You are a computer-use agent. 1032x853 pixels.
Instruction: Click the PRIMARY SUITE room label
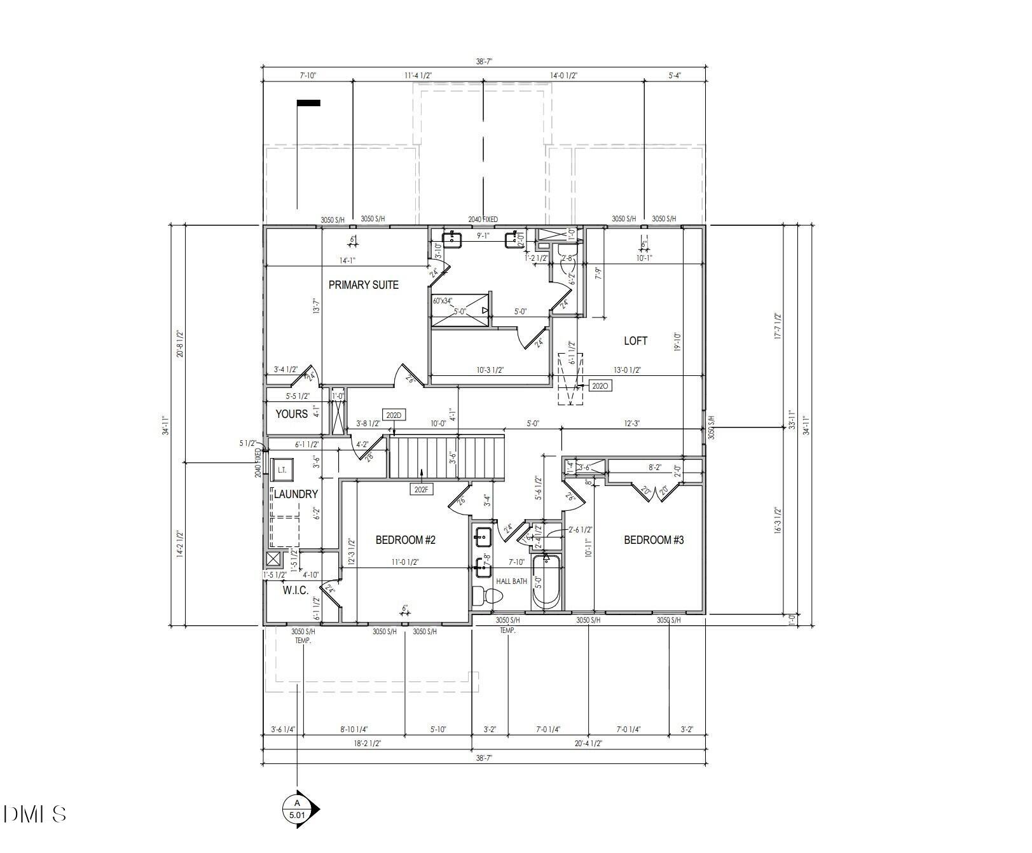pyautogui.click(x=363, y=285)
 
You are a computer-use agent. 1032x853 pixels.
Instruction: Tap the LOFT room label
pyautogui.click(x=635, y=341)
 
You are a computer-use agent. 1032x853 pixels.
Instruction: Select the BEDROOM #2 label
pyautogui.click(x=405, y=540)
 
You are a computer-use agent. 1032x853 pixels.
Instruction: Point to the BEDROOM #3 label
pyautogui.click(x=653, y=540)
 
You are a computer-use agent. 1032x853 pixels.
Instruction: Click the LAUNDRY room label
pyautogui.click(x=296, y=494)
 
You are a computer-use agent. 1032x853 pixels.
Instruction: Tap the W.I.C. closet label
pyautogui.click(x=295, y=590)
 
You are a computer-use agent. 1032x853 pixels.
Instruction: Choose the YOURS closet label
pyautogui.click(x=291, y=414)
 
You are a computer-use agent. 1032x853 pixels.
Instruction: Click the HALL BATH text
pyautogui.click(x=511, y=581)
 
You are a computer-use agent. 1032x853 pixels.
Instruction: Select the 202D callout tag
pyautogui.click(x=393, y=416)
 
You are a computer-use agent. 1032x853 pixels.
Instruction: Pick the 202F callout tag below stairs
pyautogui.click(x=421, y=489)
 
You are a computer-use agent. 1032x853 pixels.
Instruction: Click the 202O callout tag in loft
pyautogui.click(x=600, y=385)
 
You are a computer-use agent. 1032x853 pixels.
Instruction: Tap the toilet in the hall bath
pyautogui.click(x=489, y=597)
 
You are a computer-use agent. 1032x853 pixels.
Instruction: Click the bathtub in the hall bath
pyautogui.click(x=546, y=582)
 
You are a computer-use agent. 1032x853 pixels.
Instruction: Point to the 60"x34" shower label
pyautogui.click(x=443, y=300)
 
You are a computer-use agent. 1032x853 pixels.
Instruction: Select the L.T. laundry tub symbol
pyautogui.click(x=282, y=470)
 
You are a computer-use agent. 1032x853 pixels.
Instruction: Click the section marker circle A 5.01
pyautogui.click(x=296, y=809)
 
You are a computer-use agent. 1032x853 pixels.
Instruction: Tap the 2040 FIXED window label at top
pyautogui.click(x=483, y=219)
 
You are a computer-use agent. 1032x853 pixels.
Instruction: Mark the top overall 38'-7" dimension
pyautogui.click(x=484, y=62)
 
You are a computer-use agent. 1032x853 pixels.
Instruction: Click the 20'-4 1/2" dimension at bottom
pyautogui.click(x=588, y=743)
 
